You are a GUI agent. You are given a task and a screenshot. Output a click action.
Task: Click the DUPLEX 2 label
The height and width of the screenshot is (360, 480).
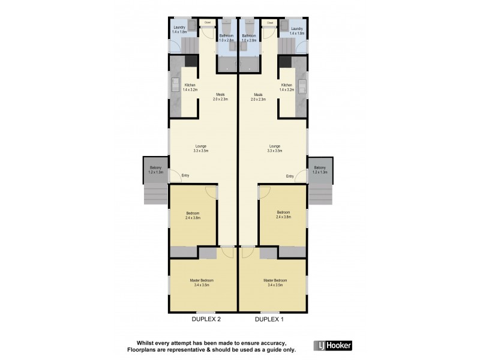point(206,319)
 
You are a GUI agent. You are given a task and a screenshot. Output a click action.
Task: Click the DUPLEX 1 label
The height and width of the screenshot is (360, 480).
point(269,319)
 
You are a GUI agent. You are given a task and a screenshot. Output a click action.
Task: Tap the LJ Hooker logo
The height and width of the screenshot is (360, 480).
point(333,345)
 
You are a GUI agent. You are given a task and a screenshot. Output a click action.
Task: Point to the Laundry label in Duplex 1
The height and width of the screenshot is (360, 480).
point(297,29)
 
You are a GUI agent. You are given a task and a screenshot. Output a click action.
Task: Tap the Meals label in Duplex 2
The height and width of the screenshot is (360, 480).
point(220,95)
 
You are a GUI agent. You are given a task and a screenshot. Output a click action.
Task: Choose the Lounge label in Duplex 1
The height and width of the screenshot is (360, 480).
point(275,146)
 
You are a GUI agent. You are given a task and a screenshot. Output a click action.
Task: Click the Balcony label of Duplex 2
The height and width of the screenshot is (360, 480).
point(155,168)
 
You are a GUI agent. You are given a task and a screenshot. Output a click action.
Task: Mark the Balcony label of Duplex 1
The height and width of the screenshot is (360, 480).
point(320,168)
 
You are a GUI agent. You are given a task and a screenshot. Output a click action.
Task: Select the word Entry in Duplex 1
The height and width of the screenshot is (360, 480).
point(290,176)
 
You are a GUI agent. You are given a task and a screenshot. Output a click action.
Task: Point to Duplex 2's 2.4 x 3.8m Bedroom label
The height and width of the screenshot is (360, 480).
point(193,214)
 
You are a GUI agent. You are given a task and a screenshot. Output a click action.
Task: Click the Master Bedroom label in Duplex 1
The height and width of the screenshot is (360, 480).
point(275,281)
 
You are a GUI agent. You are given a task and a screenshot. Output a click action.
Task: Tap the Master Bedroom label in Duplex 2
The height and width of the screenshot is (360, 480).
point(201,281)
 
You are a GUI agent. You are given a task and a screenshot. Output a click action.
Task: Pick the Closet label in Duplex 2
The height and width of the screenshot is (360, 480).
point(208,23)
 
